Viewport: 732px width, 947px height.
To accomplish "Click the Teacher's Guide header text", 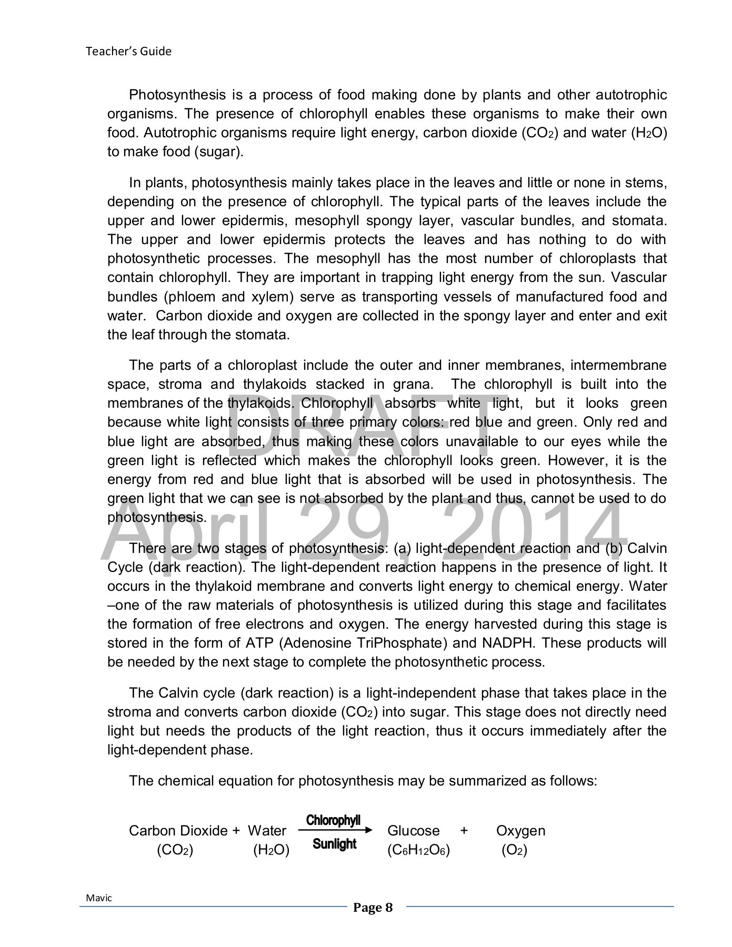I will pyautogui.click(x=128, y=52).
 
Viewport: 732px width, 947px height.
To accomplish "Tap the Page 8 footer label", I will pyautogui.click(x=373, y=907).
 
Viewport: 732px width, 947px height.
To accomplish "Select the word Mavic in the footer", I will pyautogui.click(x=99, y=898).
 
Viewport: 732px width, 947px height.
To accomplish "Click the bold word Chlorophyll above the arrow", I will pyautogui.click(x=333, y=820).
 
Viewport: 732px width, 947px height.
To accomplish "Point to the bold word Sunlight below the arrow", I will pyautogui.click(x=334, y=844).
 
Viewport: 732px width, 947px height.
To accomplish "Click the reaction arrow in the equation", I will pyautogui.click(x=335, y=831).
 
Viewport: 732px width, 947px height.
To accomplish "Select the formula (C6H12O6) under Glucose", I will pyautogui.click(x=418, y=850).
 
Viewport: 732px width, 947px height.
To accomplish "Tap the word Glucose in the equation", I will pyautogui.click(x=413, y=831).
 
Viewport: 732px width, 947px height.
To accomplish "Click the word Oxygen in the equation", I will pyautogui.click(x=520, y=831).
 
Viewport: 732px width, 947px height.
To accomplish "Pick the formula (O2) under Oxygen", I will pyautogui.click(x=514, y=850).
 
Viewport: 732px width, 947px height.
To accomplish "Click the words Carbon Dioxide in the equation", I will pyautogui.click(x=178, y=831).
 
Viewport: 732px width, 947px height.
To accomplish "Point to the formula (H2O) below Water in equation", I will pyautogui.click(x=271, y=850).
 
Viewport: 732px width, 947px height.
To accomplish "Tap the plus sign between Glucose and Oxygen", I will pyautogui.click(x=464, y=831).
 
